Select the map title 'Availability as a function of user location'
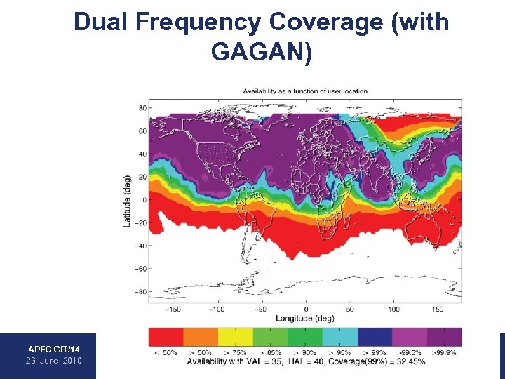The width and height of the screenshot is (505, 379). point(305,91)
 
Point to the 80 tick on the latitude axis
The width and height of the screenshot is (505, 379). point(142,108)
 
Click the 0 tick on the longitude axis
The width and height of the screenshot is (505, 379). point(306,309)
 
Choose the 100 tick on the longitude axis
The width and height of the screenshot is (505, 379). point(393,309)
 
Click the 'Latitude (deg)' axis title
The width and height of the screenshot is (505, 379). point(127,201)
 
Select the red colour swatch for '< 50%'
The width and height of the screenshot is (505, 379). point(166,338)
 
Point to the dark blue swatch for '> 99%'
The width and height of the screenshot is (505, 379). point(375,338)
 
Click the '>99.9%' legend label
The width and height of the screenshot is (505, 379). point(444,352)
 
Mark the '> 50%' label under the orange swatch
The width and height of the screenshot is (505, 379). point(201,352)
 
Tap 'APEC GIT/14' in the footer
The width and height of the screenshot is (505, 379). point(54,349)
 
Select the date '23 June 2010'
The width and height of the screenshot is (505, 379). point(54,361)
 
